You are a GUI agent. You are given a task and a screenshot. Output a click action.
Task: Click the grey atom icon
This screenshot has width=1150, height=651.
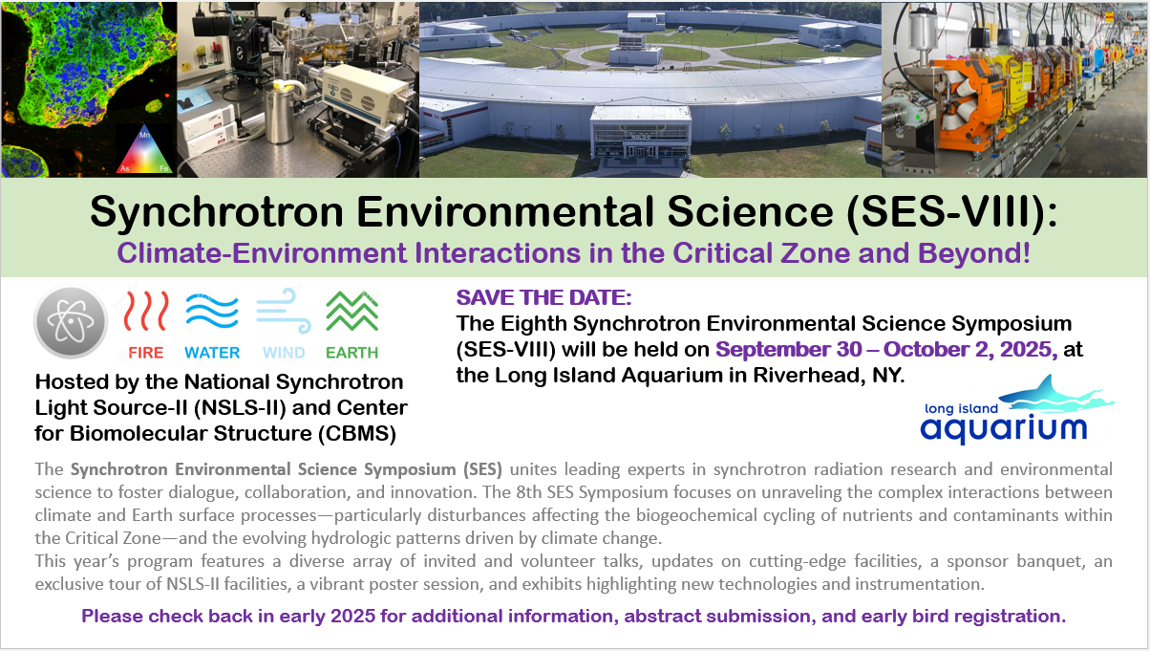[x=71, y=321]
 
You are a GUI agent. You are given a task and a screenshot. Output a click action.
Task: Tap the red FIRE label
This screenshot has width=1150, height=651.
[x=146, y=353]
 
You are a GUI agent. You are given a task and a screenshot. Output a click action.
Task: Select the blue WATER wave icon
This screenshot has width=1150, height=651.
[x=212, y=311]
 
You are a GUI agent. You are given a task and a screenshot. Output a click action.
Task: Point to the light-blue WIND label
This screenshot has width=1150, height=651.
[x=284, y=353]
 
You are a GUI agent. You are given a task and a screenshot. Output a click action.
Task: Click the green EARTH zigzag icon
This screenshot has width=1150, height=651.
[x=352, y=312]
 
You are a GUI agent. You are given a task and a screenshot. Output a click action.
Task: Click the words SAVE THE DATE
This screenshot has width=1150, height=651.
[x=543, y=298]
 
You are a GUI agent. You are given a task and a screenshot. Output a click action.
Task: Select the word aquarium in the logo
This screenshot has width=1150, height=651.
[x=1004, y=428]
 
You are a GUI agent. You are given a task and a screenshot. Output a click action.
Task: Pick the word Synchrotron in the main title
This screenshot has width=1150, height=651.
[x=217, y=211]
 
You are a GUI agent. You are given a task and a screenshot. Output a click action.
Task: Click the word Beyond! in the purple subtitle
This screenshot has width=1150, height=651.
[x=974, y=252]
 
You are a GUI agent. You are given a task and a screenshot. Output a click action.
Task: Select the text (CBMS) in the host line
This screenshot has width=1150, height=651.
[x=357, y=434]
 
